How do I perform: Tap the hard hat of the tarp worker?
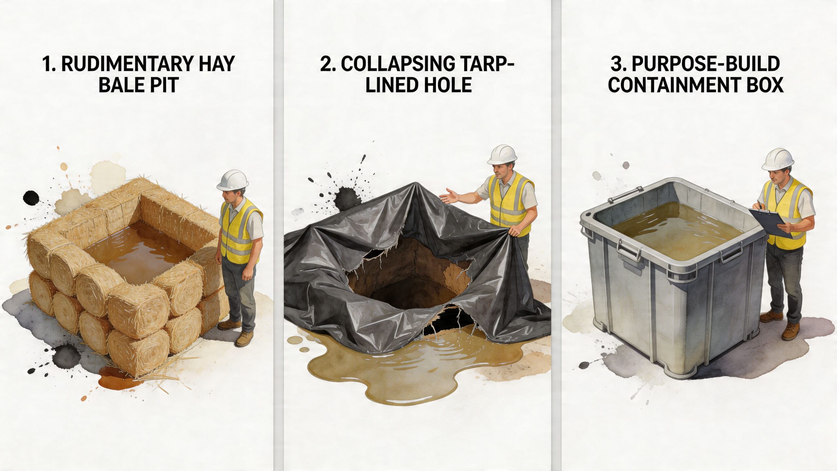point(502,154)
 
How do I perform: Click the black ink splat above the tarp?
point(347,196)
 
